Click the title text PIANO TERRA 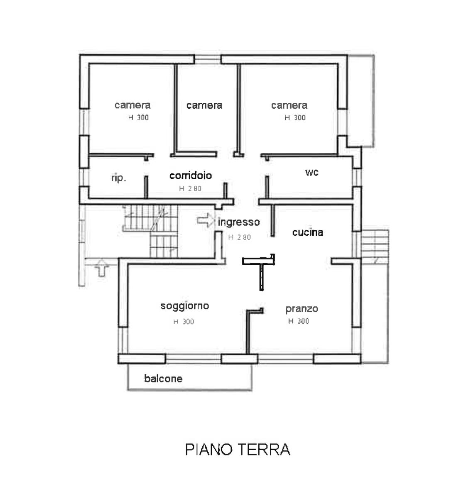click(237, 449)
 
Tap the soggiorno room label click(185, 306)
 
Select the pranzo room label click(302, 309)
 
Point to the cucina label click(308, 232)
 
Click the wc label click(312, 172)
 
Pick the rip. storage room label click(119, 178)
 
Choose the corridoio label click(191, 176)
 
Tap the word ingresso click(239, 222)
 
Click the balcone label click(163, 378)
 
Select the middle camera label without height click(204, 105)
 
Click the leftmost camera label click(132, 105)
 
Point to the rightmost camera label click(289, 105)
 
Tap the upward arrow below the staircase click(101, 268)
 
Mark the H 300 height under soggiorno click(184, 321)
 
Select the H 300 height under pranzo click(299, 321)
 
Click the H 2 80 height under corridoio click(190, 188)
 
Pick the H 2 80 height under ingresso click(240, 237)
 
